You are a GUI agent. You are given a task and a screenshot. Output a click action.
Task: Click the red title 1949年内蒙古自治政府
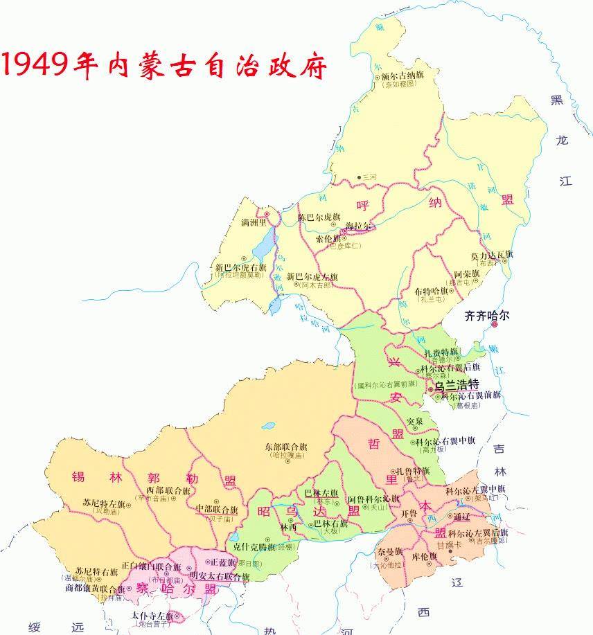coord(165,65)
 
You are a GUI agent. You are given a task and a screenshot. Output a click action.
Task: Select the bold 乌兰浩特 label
coord(457,385)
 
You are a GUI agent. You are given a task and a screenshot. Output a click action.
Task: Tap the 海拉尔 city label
coord(359,226)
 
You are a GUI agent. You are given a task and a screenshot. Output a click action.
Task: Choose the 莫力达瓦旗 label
coord(493,255)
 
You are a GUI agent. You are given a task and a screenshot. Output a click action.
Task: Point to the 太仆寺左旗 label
coord(152,615)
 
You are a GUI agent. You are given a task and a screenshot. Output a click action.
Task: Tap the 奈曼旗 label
coord(389,552)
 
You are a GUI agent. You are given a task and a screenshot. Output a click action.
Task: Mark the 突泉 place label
coord(414,421)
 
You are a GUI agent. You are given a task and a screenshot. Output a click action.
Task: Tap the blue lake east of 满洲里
coord(263,247)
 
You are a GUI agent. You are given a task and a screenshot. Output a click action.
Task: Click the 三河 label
coord(368,177)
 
